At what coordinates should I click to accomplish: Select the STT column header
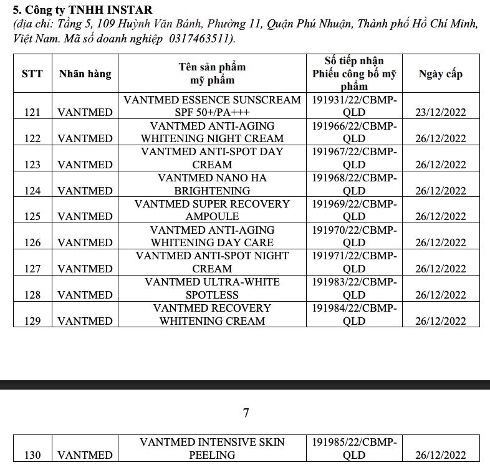click(32, 74)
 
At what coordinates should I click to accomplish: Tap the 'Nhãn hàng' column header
click(85, 74)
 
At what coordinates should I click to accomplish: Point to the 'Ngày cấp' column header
click(441, 74)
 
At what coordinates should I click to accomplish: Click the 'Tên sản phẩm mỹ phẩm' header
click(212, 74)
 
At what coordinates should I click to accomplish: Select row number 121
click(32, 112)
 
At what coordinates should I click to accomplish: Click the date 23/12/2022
click(441, 112)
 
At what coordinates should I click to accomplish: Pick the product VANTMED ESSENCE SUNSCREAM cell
click(212, 106)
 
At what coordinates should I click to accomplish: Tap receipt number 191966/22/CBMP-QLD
click(354, 132)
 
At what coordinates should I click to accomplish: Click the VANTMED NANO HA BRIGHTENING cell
click(212, 184)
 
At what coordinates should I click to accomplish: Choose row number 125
click(32, 216)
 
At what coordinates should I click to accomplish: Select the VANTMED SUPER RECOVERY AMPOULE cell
click(212, 210)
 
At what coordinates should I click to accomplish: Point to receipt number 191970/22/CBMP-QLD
click(354, 236)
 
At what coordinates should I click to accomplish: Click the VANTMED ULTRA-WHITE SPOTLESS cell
click(212, 288)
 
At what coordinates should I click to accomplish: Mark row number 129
click(32, 321)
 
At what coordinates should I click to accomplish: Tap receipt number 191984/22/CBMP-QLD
click(354, 314)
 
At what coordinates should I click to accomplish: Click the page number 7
click(246, 413)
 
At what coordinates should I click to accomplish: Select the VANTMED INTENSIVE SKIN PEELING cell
click(212, 448)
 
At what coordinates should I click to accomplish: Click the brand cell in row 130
click(85, 455)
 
